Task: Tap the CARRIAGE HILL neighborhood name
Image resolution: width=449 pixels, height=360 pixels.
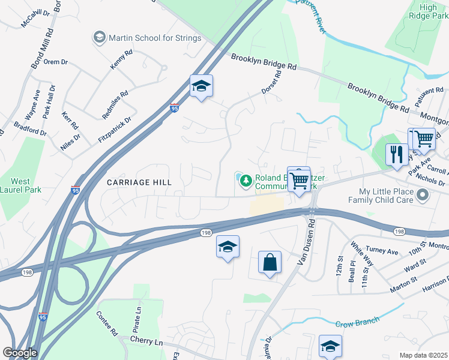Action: [139, 182]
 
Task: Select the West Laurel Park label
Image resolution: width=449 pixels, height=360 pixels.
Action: [20, 186]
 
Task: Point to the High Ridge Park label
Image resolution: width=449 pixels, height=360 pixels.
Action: [428, 11]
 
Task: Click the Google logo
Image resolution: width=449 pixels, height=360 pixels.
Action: [20, 352]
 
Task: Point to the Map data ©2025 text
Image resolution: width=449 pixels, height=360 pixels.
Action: [423, 355]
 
